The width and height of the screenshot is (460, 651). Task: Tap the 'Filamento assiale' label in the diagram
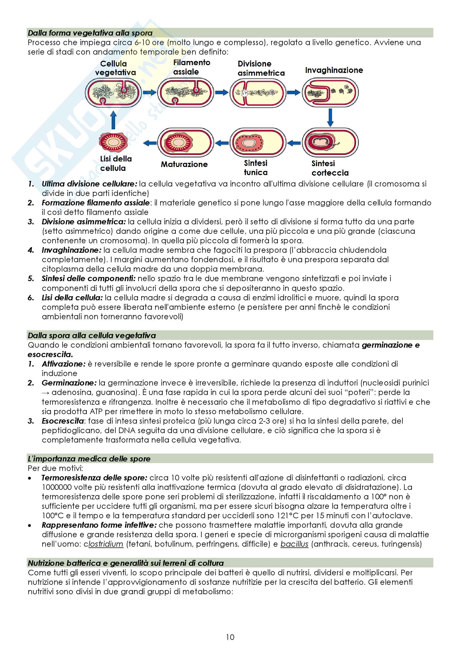191,67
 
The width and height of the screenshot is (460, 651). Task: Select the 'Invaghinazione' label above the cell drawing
334,70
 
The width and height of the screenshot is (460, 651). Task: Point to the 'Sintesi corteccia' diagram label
330,168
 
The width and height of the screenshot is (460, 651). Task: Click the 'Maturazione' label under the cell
184,164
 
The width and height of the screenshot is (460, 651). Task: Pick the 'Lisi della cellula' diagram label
116,163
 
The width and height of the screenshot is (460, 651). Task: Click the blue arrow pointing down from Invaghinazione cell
330,117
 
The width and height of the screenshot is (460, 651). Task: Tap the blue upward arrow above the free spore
113,120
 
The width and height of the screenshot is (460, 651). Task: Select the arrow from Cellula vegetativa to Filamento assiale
149,92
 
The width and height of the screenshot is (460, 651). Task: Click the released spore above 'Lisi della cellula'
113,141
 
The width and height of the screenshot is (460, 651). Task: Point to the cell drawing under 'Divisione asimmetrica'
258,92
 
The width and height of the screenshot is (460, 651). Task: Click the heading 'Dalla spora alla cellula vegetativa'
92,335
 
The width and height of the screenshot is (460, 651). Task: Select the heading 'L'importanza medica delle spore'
89,459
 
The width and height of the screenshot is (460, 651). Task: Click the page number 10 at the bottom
230,637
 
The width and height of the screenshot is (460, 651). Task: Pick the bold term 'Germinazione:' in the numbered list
69,383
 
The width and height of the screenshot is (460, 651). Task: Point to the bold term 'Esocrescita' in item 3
63,421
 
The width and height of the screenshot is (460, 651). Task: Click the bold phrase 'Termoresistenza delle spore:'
94,478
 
